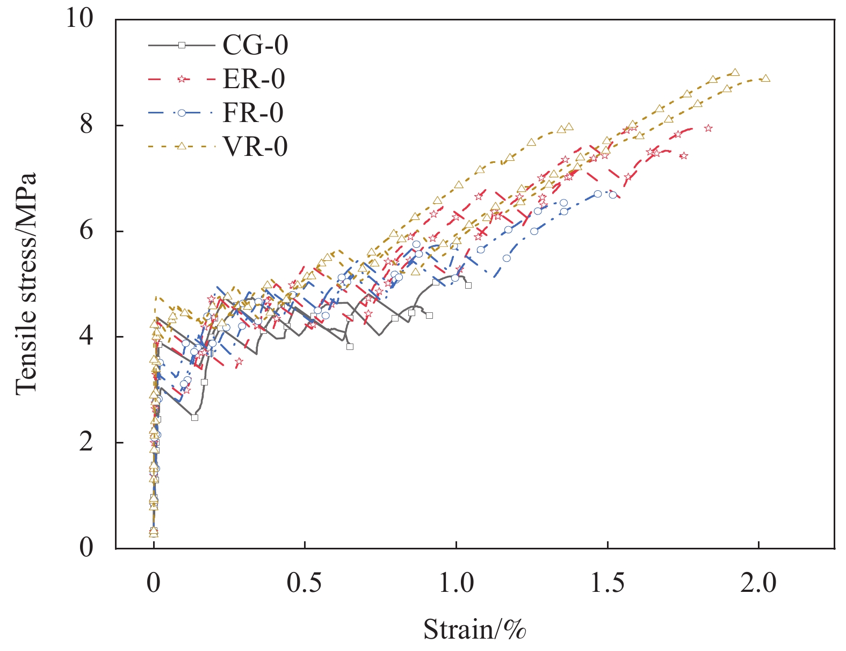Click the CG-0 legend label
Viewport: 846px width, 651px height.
255,45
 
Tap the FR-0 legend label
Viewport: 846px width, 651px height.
253,113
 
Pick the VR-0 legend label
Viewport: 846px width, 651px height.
255,146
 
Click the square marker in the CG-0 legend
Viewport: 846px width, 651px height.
182,45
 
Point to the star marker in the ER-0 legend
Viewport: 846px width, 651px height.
182,79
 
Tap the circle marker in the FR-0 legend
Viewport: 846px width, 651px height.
182,113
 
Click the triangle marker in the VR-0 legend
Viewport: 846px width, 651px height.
182,146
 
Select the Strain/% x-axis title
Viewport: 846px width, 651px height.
474,629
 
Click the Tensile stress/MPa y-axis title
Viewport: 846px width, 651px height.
26,284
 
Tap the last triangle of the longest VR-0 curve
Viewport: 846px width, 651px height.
765,78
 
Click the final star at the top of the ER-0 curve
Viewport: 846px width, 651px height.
708,128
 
